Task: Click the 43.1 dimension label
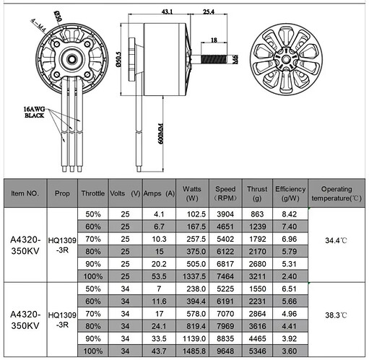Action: coord(167,12)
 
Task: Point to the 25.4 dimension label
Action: coord(209,12)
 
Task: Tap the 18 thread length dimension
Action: coord(214,40)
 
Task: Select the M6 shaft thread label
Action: coord(235,59)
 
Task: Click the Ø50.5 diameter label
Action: coord(118,59)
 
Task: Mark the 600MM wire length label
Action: coord(161,133)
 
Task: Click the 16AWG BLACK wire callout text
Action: coord(34,113)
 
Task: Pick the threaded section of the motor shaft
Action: coord(213,59)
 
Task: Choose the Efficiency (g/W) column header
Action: coord(290,193)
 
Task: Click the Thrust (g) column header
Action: coord(257,193)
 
